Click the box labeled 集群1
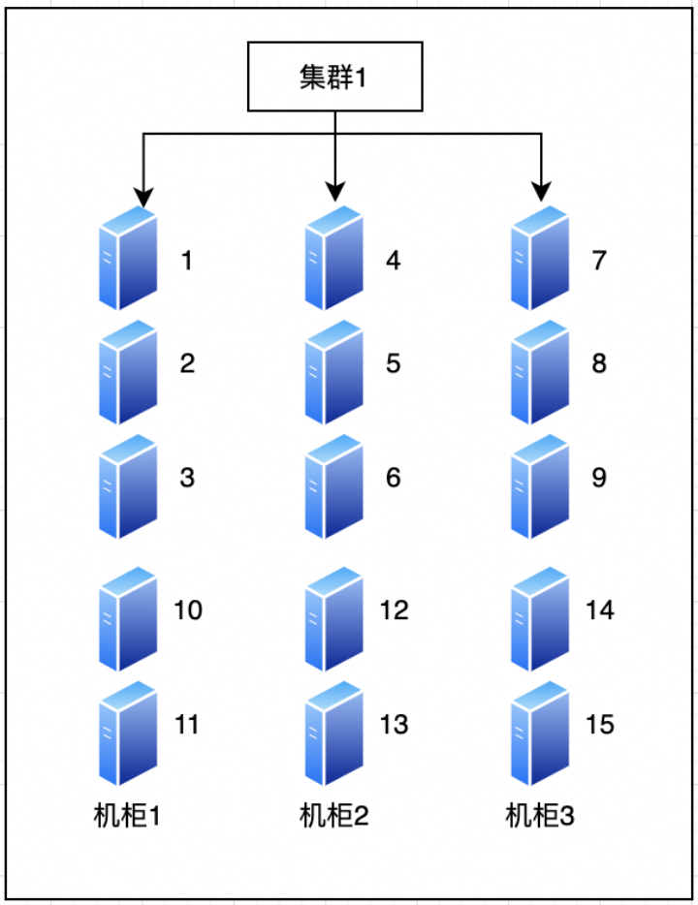pyautogui.click(x=334, y=77)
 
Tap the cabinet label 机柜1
pyautogui.click(x=127, y=816)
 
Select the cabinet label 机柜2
pyautogui.click(x=333, y=816)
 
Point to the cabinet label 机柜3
pyautogui.click(x=540, y=816)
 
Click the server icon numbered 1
pyautogui.click(x=128, y=258)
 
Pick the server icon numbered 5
pyautogui.click(x=334, y=372)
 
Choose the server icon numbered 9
pyautogui.click(x=540, y=486)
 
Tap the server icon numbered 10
pyautogui.click(x=128, y=619)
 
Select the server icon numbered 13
pyautogui.click(x=334, y=733)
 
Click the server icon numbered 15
pyautogui.click(x=540, y=733)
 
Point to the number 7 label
pyautogui.click(x=599, y=261)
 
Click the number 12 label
pyautogui.click(x=395, y=610)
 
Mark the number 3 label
pyautogui.click(x=187, y=478)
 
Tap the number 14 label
pyautogui.click(x=600, y=610)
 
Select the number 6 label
pyautogui.click(x=394, y=478)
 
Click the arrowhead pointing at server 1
pyautogui.click(x=143, y=198)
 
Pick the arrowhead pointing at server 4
pyautogui.click(x=335, y=192)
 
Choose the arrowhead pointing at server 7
pyautogui.click(x=542, y=192)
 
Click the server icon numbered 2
pyautogui.click(x=128, y=372)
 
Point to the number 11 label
pyautogui.click(x=187, y=725)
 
